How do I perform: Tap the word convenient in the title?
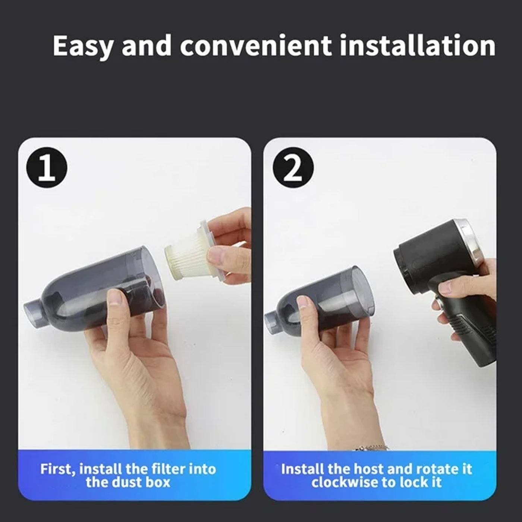click(x=255, y=46)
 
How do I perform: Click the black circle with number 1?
click(x=47, y=168)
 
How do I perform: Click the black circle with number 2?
click(x=293, y=168)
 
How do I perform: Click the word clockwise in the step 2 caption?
click(x=343, y=482)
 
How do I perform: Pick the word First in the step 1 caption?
click(x=57, y=469)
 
